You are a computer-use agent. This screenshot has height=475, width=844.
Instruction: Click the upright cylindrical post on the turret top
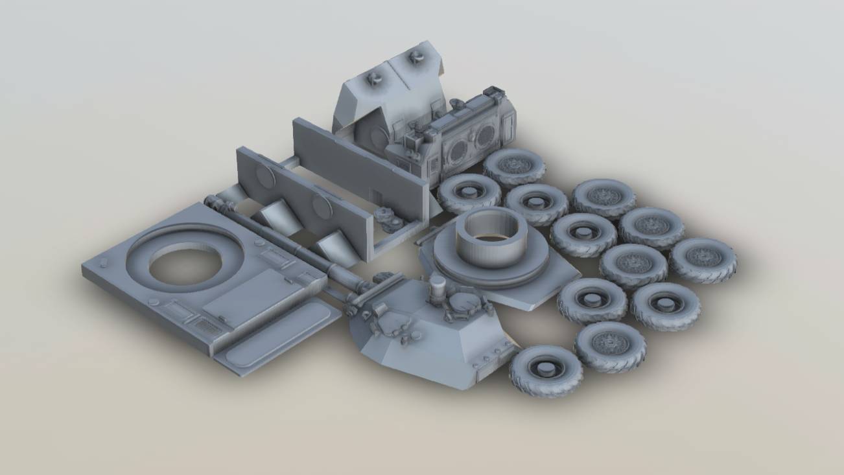(x=438, y=286)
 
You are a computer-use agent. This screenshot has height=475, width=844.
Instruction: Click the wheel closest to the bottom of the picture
(x=545, y=371)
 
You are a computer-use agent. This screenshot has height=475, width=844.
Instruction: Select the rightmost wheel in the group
(x=703, y=259)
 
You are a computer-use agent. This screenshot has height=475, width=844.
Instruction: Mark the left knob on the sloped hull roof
(x=375, y=79)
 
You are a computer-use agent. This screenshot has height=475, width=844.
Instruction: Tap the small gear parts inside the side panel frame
(x=392, y=220)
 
